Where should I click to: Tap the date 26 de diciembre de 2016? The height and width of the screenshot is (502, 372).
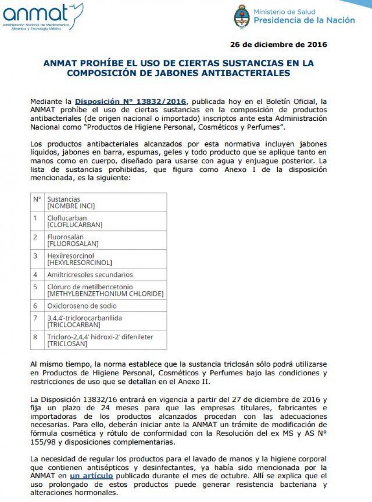click(278, 45)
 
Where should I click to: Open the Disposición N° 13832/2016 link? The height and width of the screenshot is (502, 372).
click(130, 102)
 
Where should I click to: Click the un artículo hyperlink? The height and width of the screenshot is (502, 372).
click(91, 476)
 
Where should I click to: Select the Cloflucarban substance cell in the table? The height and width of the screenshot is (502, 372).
click(67, 218)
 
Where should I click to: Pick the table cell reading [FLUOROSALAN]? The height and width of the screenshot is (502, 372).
click(73, 244)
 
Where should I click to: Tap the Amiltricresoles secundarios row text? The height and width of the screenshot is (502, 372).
click(90, 275)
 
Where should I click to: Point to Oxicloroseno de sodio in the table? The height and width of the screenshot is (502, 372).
click(82, 306)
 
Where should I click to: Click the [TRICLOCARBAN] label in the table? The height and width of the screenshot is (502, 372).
click(73, 325)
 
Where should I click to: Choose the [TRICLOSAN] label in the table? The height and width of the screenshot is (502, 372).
click(68, 344)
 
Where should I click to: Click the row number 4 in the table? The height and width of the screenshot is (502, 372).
click(35, 275)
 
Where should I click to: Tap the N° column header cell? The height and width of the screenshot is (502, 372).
click(37, 199)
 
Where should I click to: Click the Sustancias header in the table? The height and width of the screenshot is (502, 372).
click(64, 199)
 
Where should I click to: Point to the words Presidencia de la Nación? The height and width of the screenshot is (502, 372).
click(304, 20)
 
